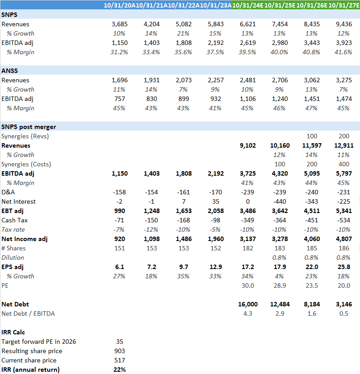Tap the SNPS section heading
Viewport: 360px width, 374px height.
coord(9,15)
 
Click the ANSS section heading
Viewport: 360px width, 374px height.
coord(9,71)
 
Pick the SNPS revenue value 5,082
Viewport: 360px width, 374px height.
coord(183,24)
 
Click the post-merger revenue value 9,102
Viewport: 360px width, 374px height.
coord(247,145)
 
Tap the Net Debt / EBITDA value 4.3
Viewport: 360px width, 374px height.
coord(251,314)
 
